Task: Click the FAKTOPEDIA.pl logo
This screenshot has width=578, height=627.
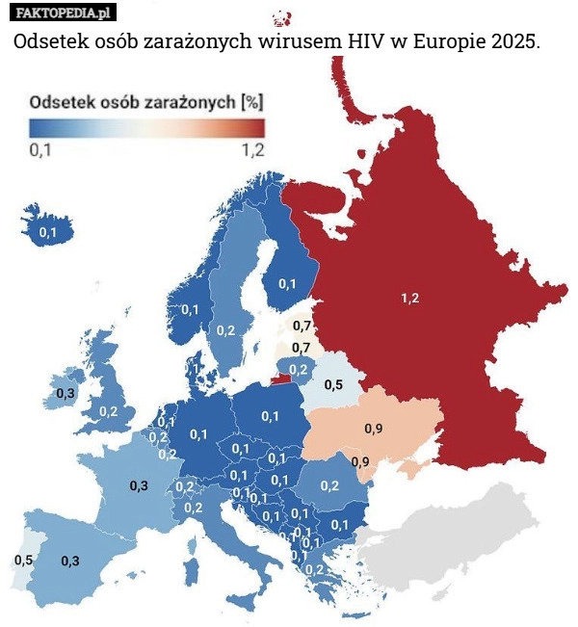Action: click(x=62, y=13)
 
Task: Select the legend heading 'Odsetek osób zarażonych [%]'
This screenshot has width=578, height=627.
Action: click(x=147, y=100)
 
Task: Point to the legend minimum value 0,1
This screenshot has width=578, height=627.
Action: click(x=41, y=149)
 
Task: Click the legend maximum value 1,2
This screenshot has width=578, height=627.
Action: click(x=252, y=149)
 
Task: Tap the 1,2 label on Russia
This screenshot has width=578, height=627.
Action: click(x=409, y=299)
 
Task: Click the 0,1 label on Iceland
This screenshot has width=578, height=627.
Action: click(x=47, y=232)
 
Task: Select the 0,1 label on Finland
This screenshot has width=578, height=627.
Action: click(x=287, y=283)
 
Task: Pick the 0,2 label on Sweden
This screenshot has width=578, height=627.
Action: click(x=225, y=330)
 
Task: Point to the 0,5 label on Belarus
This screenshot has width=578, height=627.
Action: click(x=333, y=384)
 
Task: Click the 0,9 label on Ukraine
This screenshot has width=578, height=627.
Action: click(x=375, y=427)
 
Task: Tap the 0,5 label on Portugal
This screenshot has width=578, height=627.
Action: click(x=24, y=560)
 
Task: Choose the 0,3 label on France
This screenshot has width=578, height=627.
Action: click(x=139, y=485)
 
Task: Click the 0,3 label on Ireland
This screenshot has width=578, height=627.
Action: click(x=66, y=393)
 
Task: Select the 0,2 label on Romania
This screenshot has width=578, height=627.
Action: click(x=329, y=484)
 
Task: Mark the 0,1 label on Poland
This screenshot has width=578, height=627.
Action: click(x=270, y=416)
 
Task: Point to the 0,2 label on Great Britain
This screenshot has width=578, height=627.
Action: click(x=108, y=411)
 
